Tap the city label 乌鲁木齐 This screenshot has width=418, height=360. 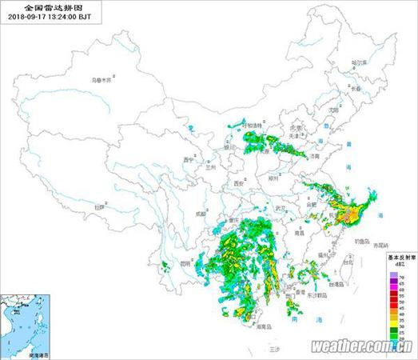click(103, 80)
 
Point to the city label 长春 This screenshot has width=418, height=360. click(352, 89)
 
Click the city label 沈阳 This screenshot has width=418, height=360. click(334, 110)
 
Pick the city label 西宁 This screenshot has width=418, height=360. click(189, 159)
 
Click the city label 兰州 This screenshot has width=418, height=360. click(210, 168)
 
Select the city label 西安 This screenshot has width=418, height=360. click(237, 183)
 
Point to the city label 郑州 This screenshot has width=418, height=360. click(274, 177)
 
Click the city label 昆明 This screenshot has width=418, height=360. click(185, 262)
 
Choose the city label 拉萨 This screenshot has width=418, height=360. click(99, 207)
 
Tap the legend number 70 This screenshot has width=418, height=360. click(402, 274)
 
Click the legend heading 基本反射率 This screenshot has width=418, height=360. click(399, 258)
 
